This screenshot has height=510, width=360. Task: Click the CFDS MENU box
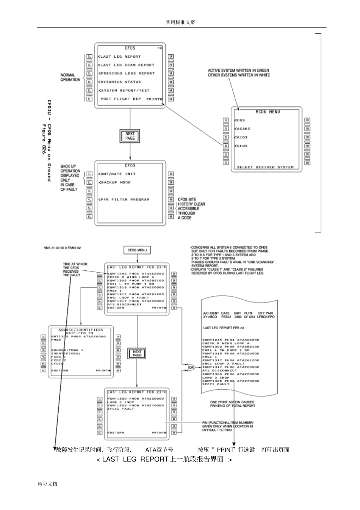pos(137,250)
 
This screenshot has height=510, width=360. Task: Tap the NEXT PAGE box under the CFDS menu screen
pos(130,136)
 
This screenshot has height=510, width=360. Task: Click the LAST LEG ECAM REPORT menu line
pos(127,65)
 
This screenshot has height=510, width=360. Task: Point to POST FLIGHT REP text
pos(121,99)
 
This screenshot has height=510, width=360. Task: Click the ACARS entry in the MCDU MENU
pos(243,129)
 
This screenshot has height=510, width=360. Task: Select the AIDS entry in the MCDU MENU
pos(241,138)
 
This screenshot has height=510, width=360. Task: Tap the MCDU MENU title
pos(268,112)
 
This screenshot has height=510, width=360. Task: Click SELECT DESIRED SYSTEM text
pos(265,167)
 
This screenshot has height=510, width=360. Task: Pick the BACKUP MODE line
pos(115,183)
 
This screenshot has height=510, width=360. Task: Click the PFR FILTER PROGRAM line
pos(125,199)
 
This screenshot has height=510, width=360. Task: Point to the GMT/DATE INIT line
pos(117,174)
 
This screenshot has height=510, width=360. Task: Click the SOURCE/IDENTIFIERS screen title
pos(81,330)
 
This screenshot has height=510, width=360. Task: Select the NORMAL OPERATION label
pos(70,77)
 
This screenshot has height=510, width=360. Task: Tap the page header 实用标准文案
pos(180,22)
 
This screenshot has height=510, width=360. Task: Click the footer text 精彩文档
pos(47,484)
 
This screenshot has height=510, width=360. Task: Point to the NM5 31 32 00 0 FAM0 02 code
pos(62,248)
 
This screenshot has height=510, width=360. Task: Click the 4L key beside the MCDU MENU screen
pos(226,146)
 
